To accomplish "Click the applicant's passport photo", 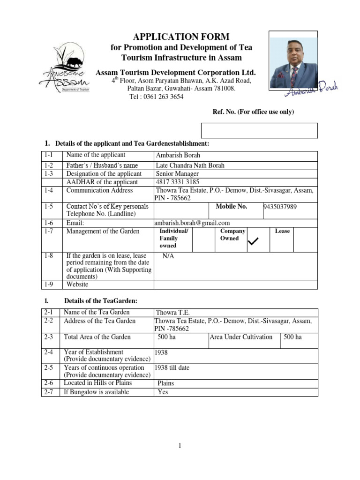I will pyautogui.click(x=293, y=60).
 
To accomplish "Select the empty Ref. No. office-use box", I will pyautogui.click(x=259, y=130).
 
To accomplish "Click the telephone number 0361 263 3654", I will pyautogui.click(x=157, y=97).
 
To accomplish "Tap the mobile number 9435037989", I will pyautogui.click(x=280, y=207).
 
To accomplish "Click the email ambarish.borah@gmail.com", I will pyautogui.click(x=192, y=223).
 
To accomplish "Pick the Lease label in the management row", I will pyautogui.click(x=282, y=231).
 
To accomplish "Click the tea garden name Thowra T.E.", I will pyautogui.click(x=173, y=313).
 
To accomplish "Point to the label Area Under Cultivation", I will pyautogui.click(x=241, y=337).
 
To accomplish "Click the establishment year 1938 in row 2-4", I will pyautogui.click(x=161, y=352).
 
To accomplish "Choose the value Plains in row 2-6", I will pyautogui.click(x=166, y=383).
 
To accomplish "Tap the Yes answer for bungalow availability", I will pyautogui.click(x=163, y=392).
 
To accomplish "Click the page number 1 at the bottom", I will pyautogui.click(x=180, y=446).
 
